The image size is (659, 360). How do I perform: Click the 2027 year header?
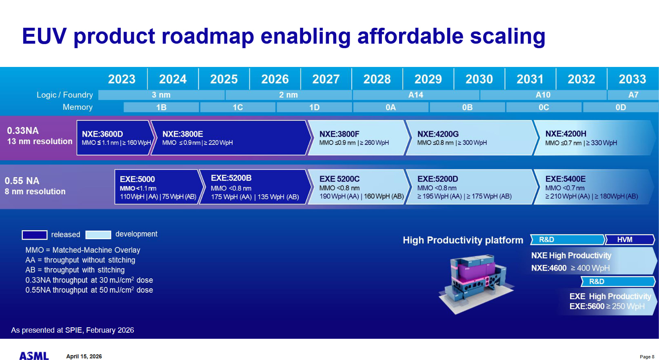pyautogui.click(x=326, y=79)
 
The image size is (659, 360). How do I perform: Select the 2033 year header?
pyautogui.click(x=632, y=79)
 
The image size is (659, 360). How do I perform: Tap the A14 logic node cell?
pyautogui.click(x=416, y=95)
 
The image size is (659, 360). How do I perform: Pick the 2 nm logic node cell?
pyautogui.click(x=288, y=95)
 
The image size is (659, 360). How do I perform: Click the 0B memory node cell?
pyautogui.click(x=467, y=107)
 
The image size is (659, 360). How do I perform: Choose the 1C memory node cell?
pyautogui.click(x=238, y=107)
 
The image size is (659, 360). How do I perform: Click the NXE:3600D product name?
pyautogui.click(x=102, y=134)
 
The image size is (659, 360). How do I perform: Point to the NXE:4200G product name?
pyautogui.click(x=438, y=134)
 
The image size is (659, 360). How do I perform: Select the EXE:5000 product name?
pyautogui.click(x=137, y=179)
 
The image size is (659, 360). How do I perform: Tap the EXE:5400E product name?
pyautogui.click(x=565, y=179)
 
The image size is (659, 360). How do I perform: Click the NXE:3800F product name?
pyautogui.click(x=339, y=134)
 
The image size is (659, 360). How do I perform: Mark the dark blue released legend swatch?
pyautogui.click(x=34, y=235)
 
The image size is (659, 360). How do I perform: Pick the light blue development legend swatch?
pyautogui.click(x=98, y=235)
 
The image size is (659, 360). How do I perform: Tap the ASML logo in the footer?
pyautogui.click(x=34, y=356)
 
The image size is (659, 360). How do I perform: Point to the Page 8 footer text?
pyautogui.click(x=647, y=357)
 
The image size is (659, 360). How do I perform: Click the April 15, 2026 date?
pyautogui.click(x=84, y=356)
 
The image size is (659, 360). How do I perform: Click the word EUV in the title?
pyautogui.click(x=44, y=36)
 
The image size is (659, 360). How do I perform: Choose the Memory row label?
pyautogui.click(x=78, y=107)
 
